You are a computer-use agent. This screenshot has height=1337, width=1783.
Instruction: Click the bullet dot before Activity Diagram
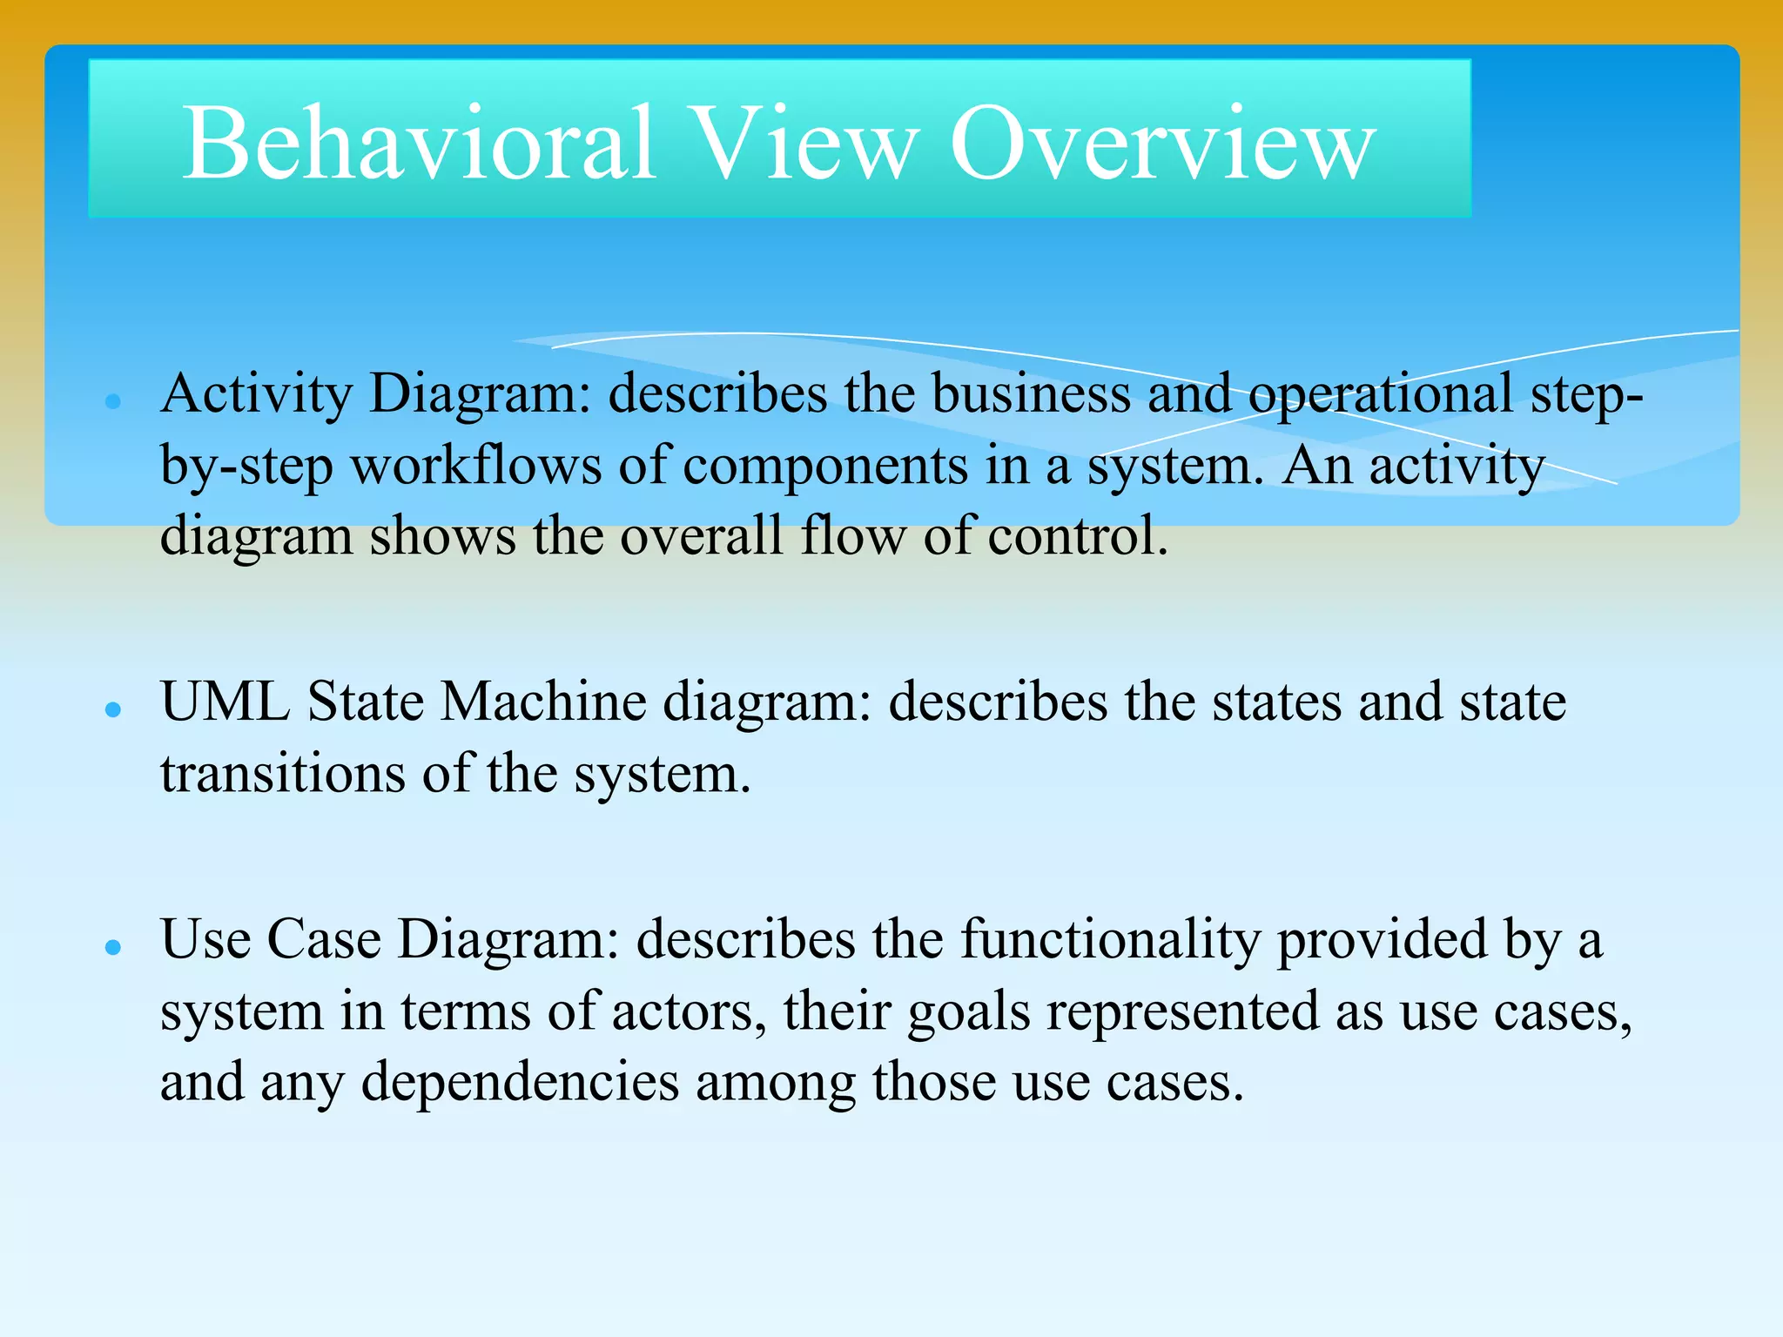[x=112, y=401]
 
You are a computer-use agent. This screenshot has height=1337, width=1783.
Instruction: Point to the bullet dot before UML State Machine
[x=112, y=709]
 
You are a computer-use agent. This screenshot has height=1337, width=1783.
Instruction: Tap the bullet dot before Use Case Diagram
[x=112, y=947]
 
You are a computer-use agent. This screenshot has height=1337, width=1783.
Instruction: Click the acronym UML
[x=225, y=702]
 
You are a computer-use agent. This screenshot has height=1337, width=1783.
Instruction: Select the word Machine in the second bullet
[x=542, y=702]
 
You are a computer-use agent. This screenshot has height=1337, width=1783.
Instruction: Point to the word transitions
[x=282, y=774]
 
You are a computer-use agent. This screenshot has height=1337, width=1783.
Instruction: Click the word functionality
[x=1110, y=942]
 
